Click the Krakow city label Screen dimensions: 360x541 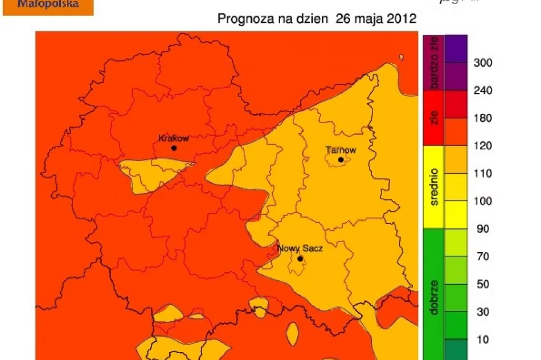173,138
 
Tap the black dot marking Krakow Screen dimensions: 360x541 174,148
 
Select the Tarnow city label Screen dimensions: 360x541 341,150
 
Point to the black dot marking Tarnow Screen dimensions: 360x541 341,160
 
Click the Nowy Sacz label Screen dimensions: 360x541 300,249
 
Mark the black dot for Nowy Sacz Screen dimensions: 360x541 300,259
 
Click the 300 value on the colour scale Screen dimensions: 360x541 483,63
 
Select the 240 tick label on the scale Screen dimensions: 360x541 483,91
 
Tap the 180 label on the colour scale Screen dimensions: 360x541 483,118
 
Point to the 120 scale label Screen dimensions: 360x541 483,146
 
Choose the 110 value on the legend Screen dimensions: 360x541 483,174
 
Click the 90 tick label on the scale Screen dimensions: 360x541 483,229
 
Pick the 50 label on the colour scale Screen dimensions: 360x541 483,284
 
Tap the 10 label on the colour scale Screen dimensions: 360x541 483,339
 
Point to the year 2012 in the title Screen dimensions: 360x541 399,19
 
